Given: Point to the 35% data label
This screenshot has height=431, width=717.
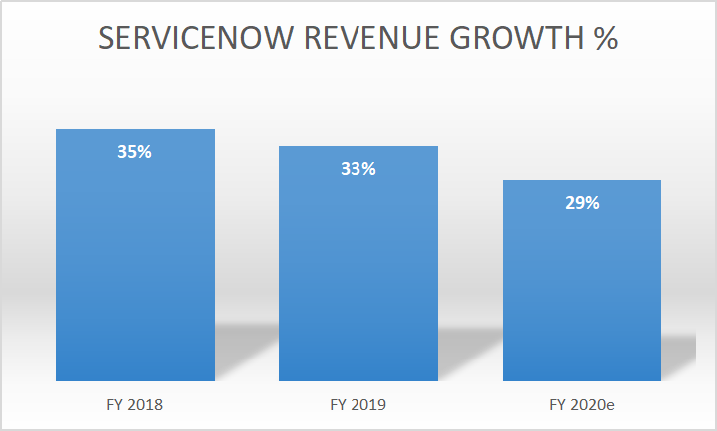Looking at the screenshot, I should click(x=135, y=153).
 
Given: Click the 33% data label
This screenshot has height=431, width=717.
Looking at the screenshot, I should click(x=358, y=169).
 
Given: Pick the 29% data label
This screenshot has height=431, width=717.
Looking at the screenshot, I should click(x=582, y=203).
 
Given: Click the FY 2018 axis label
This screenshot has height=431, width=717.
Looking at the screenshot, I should click(x=135, y=405).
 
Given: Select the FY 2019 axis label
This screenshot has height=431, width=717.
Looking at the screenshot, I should click(x=358, y=405).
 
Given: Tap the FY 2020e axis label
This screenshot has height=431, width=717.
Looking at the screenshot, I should click(x=582, y=405).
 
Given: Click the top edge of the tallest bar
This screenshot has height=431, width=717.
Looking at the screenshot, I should click(x=135, y=130).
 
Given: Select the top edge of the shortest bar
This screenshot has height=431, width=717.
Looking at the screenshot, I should click(x=582, y=181).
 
